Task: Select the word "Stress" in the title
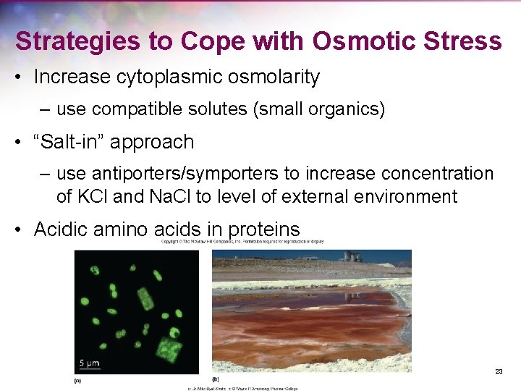(x=465, y=41)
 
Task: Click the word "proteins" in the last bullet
(x=263, y=230)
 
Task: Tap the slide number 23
(x=499, y=371)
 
